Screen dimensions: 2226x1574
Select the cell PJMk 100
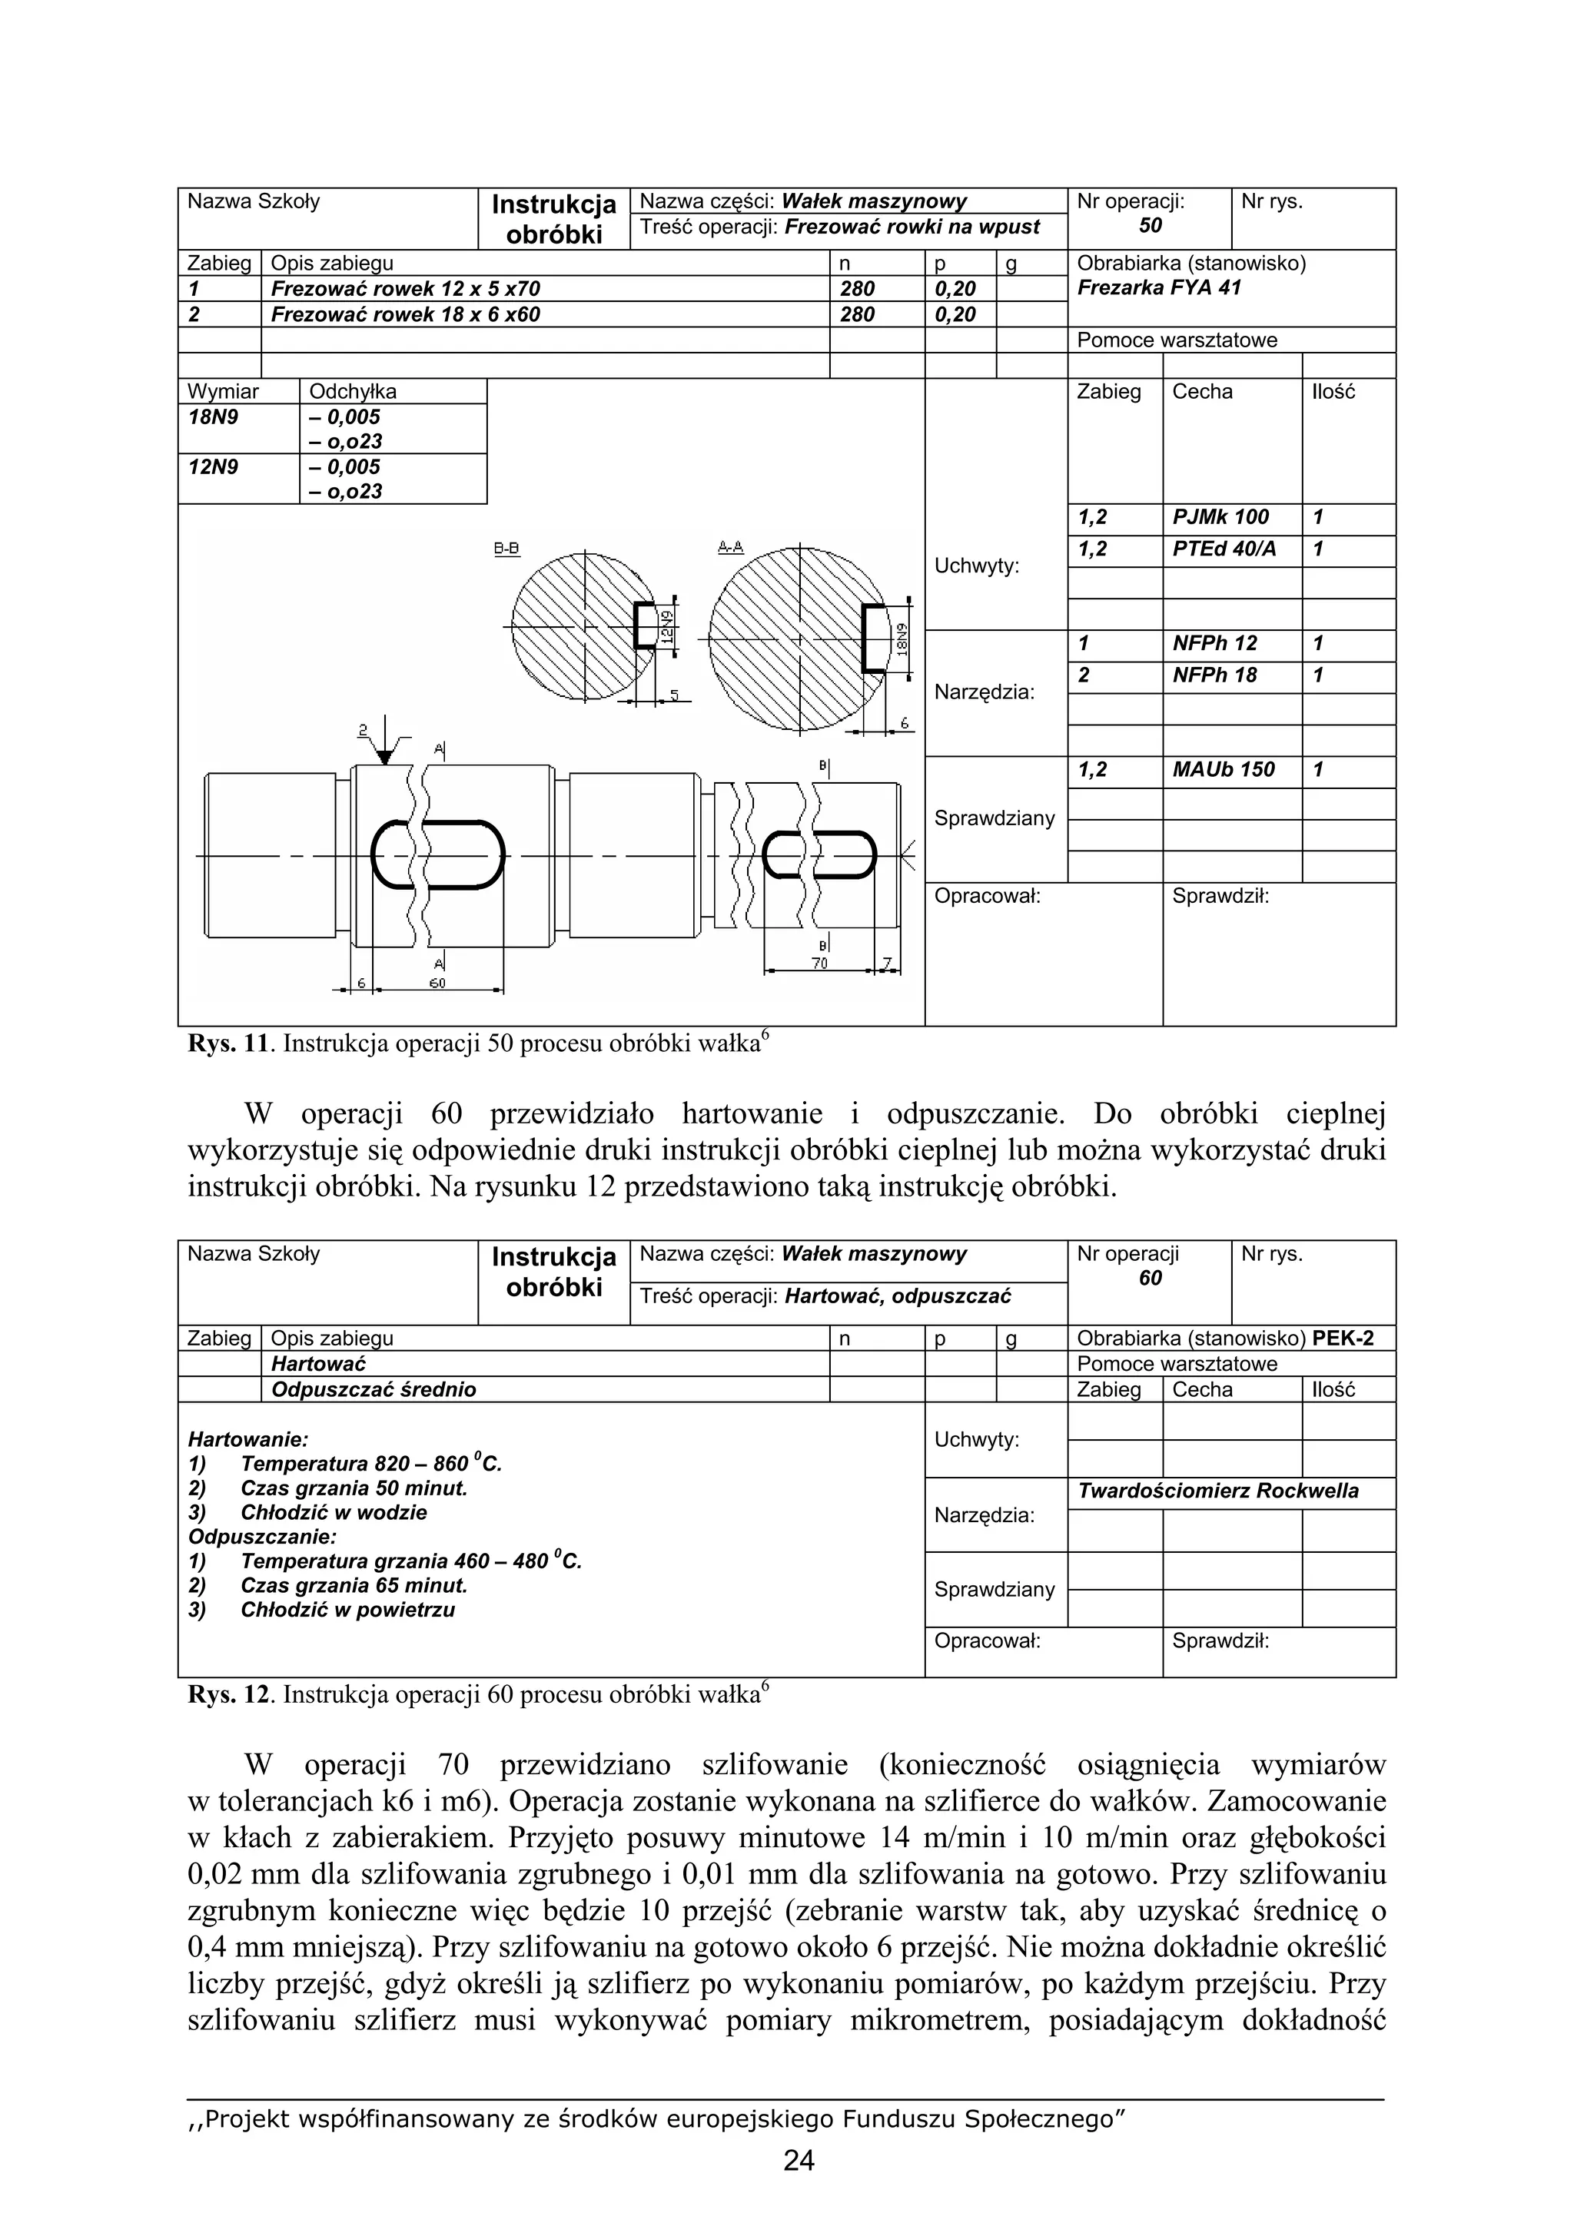(1220, 518)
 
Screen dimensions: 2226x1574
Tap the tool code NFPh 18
(1214, 675)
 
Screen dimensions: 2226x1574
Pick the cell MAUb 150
(1223, 771)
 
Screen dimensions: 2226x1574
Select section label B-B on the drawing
(506, 549)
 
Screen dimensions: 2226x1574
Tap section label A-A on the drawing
(730, 548)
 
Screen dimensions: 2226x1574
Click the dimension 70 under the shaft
(819, 964)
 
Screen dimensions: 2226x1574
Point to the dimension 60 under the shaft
(437, 983)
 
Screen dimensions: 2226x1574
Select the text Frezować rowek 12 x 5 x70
(405, 289)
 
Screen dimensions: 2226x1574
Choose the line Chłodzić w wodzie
(333, 1512)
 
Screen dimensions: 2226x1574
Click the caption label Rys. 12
(229, 1695)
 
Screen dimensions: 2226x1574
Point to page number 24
(799, 2161)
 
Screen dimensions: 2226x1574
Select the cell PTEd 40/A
(1224, 549)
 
